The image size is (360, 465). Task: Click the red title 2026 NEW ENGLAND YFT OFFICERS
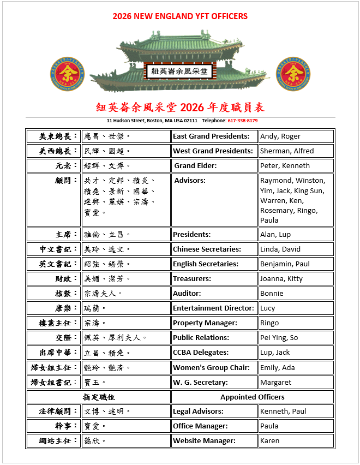[180, 16]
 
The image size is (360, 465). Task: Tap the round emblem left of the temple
[67, 73]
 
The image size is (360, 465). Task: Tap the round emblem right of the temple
[293, 73]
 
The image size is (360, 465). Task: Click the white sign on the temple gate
[180, 71]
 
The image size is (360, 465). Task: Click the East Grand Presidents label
[211, 136]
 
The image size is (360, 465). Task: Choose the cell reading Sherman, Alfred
[287, 151]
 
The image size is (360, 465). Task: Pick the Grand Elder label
[195, 166]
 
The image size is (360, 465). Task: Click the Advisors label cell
[190, 181]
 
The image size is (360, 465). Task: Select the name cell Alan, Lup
[275, 235]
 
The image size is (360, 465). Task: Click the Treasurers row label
[192, 279]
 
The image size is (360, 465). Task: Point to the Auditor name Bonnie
[272, 294]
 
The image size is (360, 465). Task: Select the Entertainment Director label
[213, 308]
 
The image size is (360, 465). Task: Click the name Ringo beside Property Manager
[269, 323]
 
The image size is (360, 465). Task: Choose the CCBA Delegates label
[201, 353]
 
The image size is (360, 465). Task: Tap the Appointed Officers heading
[252, 397]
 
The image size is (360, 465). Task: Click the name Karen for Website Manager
[269, 441]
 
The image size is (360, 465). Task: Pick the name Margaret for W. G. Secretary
[275, 382]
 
